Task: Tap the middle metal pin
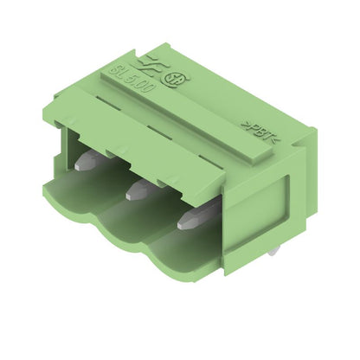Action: [x=138, y=188]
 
